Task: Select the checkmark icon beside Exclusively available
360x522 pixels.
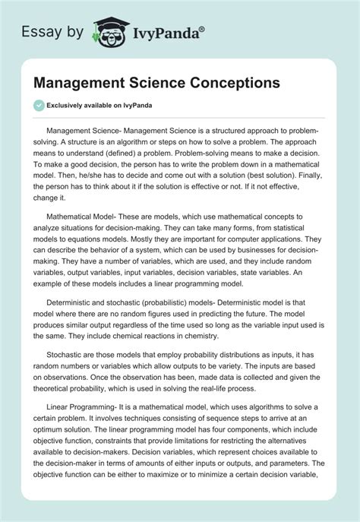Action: point(39,105)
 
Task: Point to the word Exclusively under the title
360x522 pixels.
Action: point(71,105)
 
